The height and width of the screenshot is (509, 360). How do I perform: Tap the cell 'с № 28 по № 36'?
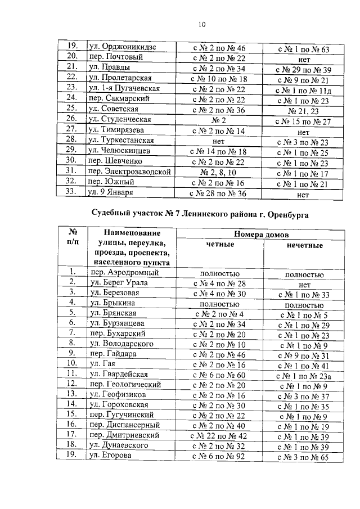coord(218,192)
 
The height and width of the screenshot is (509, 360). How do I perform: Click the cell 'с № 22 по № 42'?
coord(218,436)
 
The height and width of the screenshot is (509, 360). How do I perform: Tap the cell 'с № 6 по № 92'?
coord(218,457)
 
